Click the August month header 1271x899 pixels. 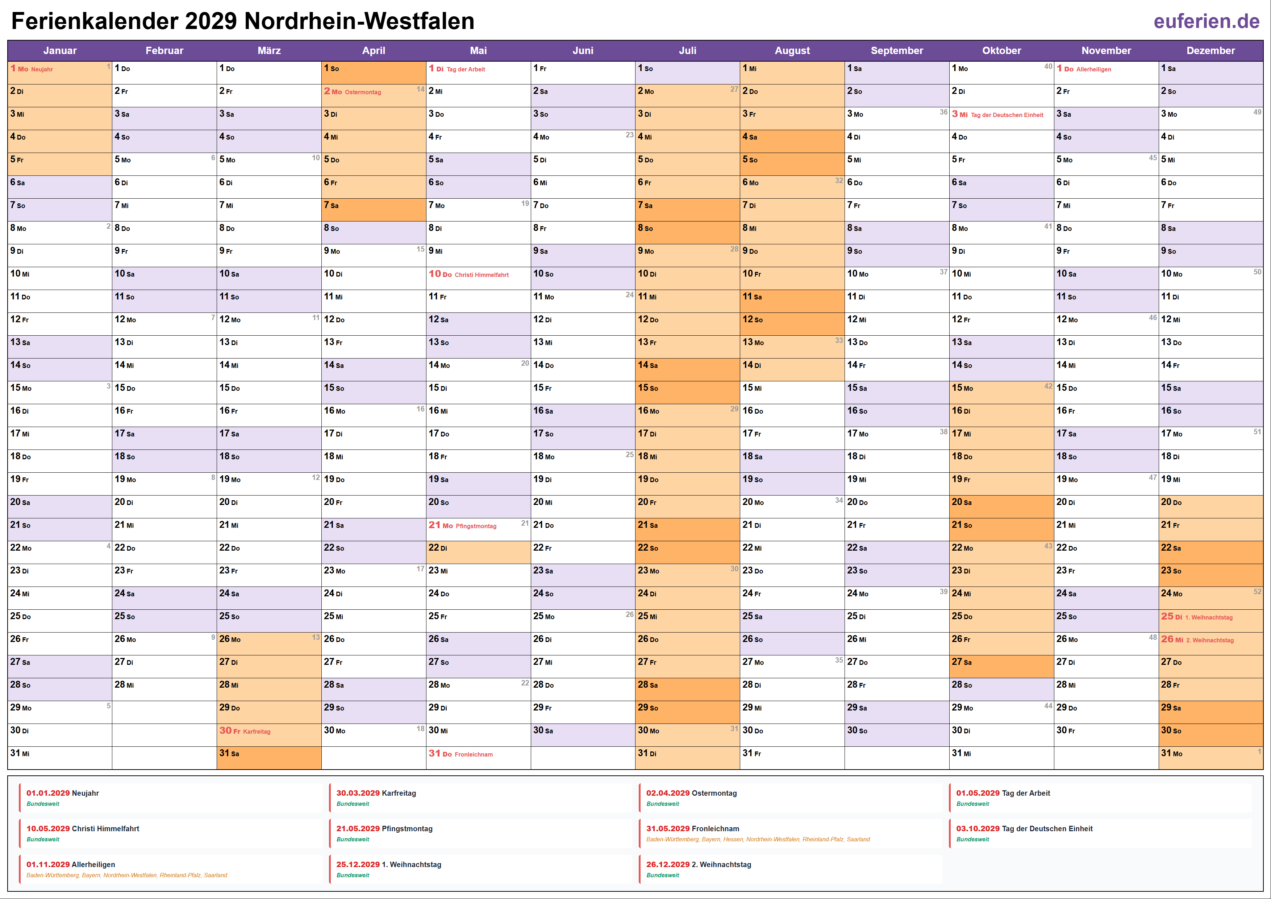click(792, 50)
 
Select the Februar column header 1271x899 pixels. click(164, 50)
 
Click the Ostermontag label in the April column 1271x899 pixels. click(363, 92)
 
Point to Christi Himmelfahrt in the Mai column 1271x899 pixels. click(481, 275)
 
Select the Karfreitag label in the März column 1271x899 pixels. click(257, 732)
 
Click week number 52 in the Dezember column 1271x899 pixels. click(1257, 592)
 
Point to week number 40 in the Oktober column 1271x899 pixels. click(1048, 66)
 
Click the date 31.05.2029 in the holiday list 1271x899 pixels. click(668, 829)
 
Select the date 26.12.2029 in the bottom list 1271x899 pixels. click(668, 865)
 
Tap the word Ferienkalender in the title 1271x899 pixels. click(95, 22)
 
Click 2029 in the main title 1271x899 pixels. click(211, 22)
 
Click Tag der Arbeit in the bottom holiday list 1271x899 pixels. click(1026, 793)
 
